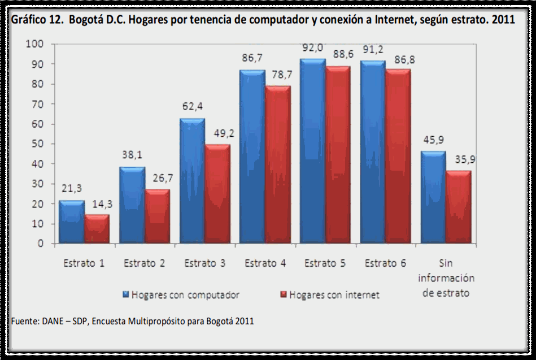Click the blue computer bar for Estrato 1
pyautogui.click(x=72, y=222)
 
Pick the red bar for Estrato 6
pyautogui.click(x=398, y=157)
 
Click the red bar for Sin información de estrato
pyautogui.click(x=458, y=207)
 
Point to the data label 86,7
pyautogui.click(x=252, y=58)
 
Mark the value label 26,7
pyautogui.click(x=158, y=178)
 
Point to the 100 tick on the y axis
pyautogui.click(x=34, y=44)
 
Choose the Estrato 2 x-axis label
pyautogui.click(x=144, y=263)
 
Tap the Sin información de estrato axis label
pyautogui.click(x=446, y=277)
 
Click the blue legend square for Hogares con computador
pyautogui.click(x=126, y=294)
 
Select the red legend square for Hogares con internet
pyautogui.click(x=284, y=294)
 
